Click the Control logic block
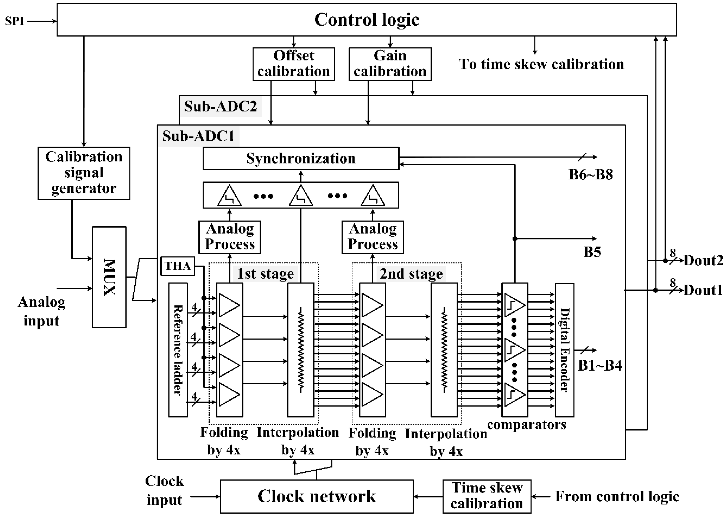(366, 20)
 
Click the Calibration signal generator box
(84, 173)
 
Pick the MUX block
(109, 277)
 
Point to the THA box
(177, 266)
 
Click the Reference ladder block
(178, 350)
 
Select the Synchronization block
(301, 158)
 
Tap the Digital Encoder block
(564, 350)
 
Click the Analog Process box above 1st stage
(230, 237)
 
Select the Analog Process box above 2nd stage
(373, 237)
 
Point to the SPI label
(14, 21)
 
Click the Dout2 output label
(703, 260)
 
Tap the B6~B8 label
(591, 174)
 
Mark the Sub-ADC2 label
(220, 106)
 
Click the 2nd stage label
(411, 273)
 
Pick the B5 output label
(592, 252)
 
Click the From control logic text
(617, 496)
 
